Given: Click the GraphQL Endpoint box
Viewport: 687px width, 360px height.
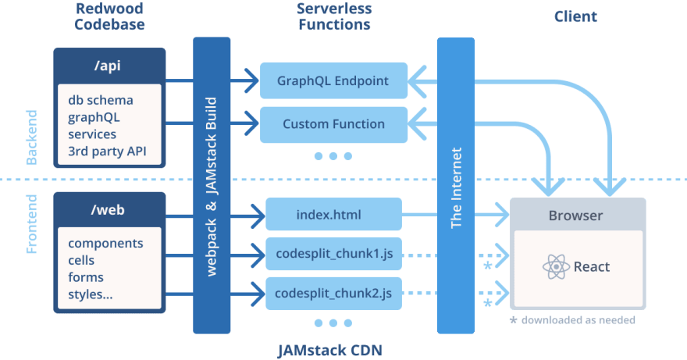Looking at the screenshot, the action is pos(333,80).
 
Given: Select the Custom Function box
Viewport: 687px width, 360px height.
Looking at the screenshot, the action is pos(333,124).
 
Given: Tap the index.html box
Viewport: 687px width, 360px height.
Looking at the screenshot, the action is pos(333,214).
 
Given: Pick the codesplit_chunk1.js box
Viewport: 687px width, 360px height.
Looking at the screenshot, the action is pos(333,254).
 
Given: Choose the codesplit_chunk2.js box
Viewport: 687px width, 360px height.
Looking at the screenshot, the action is pos(333,294).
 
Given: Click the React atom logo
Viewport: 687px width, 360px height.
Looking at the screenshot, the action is pos(556,266).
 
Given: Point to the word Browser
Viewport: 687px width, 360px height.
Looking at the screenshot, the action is pos(575,216).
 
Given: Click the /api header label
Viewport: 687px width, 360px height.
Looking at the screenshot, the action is pos(108,66).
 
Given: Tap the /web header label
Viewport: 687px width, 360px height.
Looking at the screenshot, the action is pos(108,209).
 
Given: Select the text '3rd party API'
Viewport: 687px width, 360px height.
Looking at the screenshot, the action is pos(108,151).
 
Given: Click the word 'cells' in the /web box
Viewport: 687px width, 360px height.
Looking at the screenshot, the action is pos(81,260).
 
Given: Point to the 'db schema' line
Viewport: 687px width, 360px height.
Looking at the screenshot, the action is pos(101,100).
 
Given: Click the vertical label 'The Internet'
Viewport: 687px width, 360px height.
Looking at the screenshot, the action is pos(456,187).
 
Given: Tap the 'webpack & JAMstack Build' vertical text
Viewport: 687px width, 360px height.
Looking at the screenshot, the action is pos(212,187).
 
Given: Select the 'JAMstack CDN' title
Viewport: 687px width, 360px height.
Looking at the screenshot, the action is pos(330,351).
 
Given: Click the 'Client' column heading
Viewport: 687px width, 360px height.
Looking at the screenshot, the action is pos(575,16).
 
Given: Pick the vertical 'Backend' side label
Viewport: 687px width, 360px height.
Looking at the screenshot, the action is pos(31,137).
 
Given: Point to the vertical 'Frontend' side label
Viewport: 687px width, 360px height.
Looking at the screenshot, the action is pos(31,224).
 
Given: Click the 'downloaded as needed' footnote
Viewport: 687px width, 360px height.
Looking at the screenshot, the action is pos(578,320).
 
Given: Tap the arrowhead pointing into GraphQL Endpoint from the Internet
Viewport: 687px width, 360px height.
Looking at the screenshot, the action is pos(417,81).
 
